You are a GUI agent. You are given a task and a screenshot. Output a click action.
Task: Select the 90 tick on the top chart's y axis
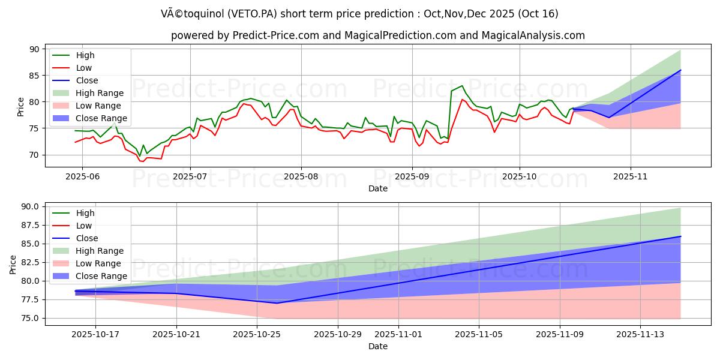[34, 49]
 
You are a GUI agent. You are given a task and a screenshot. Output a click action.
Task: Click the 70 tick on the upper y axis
[34, 155]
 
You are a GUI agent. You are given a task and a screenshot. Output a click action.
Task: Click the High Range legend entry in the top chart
[100, 93]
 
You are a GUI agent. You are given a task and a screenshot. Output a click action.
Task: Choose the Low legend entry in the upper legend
[84, 68]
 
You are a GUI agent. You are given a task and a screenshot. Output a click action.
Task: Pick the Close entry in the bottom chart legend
[87, 238]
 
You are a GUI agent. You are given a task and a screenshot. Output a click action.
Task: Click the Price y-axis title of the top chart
[21, 107]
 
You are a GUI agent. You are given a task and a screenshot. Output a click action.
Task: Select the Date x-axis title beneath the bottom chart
[378, 346]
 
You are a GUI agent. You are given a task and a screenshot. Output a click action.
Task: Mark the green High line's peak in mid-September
[461, 86]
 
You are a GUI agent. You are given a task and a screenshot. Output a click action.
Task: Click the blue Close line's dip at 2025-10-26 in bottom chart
[277, 303]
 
